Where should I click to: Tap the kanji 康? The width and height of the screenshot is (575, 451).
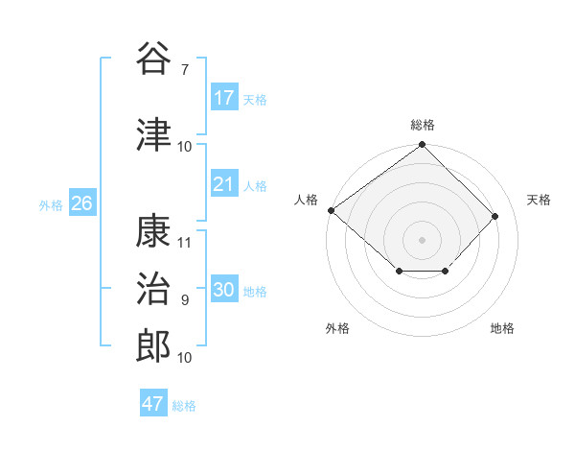[x=154, y=231]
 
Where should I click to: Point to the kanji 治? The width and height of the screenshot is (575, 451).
[x=154, y=288]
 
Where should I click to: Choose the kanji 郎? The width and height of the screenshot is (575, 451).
[x=154, y=344]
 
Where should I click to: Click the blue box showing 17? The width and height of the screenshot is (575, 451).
[x=224, y=98]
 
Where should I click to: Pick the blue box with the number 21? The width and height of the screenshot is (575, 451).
[x=224, y=184]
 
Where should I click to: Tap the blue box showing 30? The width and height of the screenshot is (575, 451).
[x=224, y=290]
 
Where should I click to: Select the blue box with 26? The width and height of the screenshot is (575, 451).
[x=81, y=203]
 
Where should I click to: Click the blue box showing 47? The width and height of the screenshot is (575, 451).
[x=153, y=404]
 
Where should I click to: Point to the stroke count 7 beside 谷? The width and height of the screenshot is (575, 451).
[x=185, y=70]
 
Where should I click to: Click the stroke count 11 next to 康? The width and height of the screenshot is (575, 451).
[x=185, y=243]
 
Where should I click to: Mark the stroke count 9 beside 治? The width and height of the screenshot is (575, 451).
[x=185, y=300]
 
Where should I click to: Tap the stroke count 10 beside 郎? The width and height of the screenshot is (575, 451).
[x=185, y=357]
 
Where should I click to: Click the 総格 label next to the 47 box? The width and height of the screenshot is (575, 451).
[x=184, y=406]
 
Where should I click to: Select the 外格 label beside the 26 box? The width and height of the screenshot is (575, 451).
[x=51, y=205]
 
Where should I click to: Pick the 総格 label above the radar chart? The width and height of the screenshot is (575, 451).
[x=423, y=125]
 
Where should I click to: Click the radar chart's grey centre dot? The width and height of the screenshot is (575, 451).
[x=422, y=239]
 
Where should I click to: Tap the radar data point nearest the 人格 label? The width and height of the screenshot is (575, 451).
[x=331, y=210]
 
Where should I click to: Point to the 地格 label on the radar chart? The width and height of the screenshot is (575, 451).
[x=502, y=328]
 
